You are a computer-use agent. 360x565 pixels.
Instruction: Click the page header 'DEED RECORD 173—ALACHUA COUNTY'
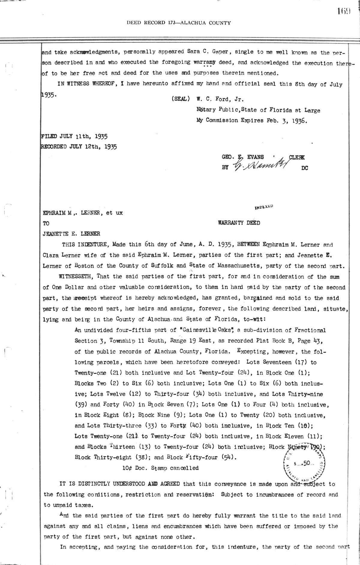(178, 22)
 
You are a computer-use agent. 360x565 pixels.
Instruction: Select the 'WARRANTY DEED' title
(239, 223)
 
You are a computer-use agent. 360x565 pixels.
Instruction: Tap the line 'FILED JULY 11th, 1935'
(75, 136)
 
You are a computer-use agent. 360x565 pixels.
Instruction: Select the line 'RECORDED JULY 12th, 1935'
(79, 147)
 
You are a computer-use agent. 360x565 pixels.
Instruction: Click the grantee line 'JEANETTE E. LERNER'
(72, 234)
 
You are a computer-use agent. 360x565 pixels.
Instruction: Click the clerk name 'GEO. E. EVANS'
(243, 157)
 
